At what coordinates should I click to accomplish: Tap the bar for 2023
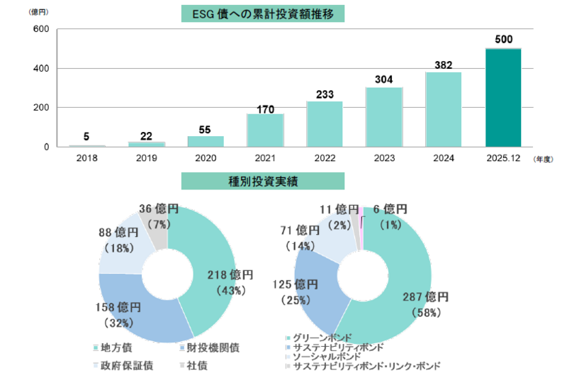(384, 117)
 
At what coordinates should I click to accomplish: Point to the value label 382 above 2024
(444, 65)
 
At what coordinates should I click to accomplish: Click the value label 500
(503, 40)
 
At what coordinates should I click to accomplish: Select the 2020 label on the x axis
(206, 158)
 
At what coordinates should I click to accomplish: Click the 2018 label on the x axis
(86, 158)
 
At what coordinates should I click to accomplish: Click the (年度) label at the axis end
(544, 160)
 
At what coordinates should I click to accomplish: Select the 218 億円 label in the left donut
(229, 274)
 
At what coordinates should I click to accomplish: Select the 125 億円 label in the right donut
(296, 285)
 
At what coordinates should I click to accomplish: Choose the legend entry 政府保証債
(126, 366)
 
